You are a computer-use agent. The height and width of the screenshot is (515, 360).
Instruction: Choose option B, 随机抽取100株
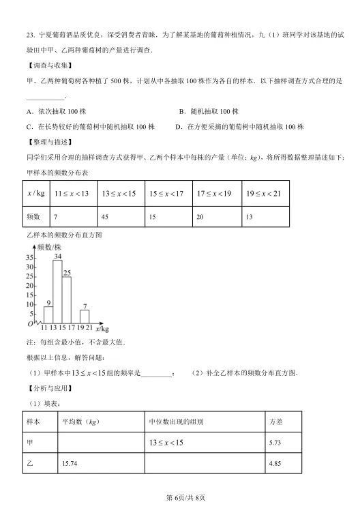pos(208,111)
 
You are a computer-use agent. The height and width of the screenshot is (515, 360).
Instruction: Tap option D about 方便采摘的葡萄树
pos(239,126)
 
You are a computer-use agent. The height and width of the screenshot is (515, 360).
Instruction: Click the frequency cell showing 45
pos(106,217)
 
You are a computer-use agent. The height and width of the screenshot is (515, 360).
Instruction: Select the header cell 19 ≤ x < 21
pos(264,194)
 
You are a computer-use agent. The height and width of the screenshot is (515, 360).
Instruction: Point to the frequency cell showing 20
pos(201,217)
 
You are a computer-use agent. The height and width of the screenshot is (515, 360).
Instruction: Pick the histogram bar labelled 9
pos(48,315)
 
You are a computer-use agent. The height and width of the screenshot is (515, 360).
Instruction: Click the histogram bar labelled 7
pos(85,317)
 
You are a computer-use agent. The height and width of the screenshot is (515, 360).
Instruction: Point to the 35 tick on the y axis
pos(29,258)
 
